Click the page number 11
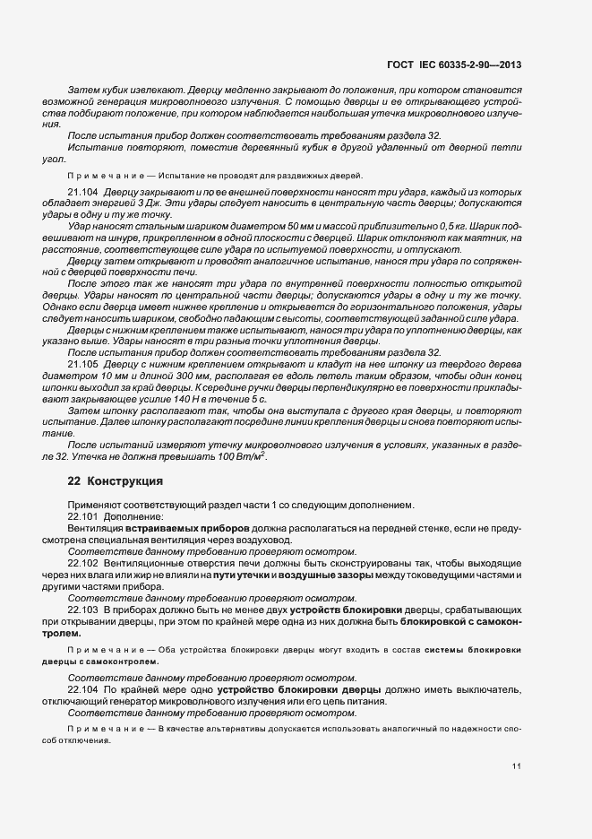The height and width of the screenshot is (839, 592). [517, 765]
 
